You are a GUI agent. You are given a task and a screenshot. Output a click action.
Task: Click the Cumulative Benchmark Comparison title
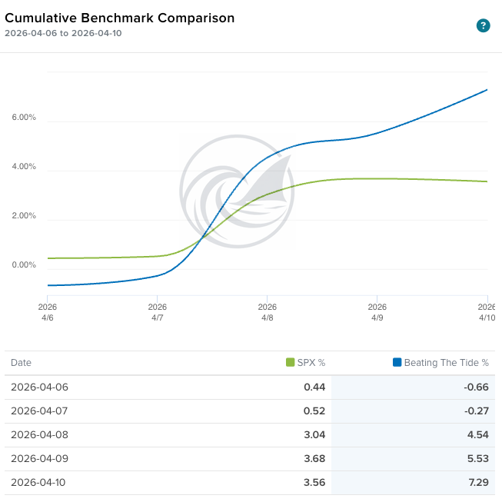point(120,18)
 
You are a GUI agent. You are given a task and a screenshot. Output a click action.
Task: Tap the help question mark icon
point(483,26)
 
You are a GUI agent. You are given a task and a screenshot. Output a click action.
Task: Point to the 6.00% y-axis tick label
point(24,118)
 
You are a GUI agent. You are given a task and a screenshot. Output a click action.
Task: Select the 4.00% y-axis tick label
point(24,167)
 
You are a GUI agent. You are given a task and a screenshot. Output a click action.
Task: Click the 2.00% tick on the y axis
point(24,216)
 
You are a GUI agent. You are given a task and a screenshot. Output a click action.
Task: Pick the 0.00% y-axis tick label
point(24,265)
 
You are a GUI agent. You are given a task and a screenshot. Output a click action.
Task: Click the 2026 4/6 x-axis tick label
point(48,312)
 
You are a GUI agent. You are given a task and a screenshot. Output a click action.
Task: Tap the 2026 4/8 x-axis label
point(267,312)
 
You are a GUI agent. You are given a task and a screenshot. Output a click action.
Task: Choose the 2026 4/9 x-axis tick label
point(377,312)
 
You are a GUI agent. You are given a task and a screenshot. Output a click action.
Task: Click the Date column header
point(21,363)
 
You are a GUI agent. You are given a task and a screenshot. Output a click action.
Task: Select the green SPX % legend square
point(290,363)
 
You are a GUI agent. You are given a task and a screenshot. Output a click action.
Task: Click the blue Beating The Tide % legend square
point(397,363)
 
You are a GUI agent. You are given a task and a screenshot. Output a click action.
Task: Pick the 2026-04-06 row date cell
point(39,387)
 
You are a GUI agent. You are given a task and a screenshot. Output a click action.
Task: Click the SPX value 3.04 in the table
point(314,435)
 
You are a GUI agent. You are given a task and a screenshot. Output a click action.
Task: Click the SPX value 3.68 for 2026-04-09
point(314,459)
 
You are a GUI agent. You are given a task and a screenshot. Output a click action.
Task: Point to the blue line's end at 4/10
point(487,90)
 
